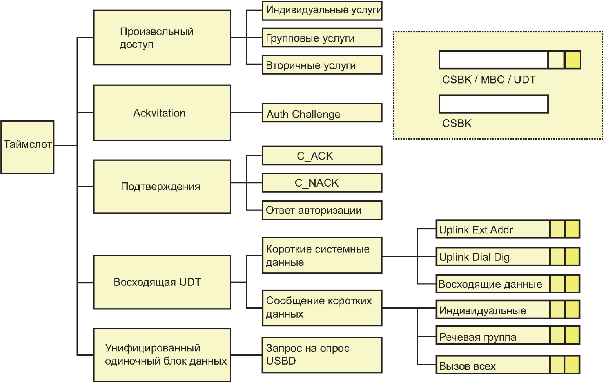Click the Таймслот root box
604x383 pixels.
pos(28,147)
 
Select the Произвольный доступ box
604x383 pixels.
pos(162,37)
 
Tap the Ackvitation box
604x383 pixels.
pos(162,113)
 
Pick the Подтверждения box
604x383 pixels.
pos(162,186)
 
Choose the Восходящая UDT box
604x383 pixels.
pos(162,282)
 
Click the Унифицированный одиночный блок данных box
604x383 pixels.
pos(162,355)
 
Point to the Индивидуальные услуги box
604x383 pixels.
pos(322,11)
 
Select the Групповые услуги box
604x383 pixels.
pos(322,38)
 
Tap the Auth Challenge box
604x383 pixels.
pos(322,113)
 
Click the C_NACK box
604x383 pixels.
pos(322,183)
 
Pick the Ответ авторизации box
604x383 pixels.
pos(322,210)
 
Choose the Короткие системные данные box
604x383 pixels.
pos(322,255)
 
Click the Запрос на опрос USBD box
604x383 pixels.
pos(322,355)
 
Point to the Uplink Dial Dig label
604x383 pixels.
pos(474,257)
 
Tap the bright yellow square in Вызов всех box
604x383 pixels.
pos(572,365)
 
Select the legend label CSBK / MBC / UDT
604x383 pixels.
pos(488,80)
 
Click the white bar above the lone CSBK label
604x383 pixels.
pos(494,104)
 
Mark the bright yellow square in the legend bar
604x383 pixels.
pos(572,60)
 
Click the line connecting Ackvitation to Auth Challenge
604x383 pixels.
pos(246,113)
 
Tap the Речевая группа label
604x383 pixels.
pos(477,337)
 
